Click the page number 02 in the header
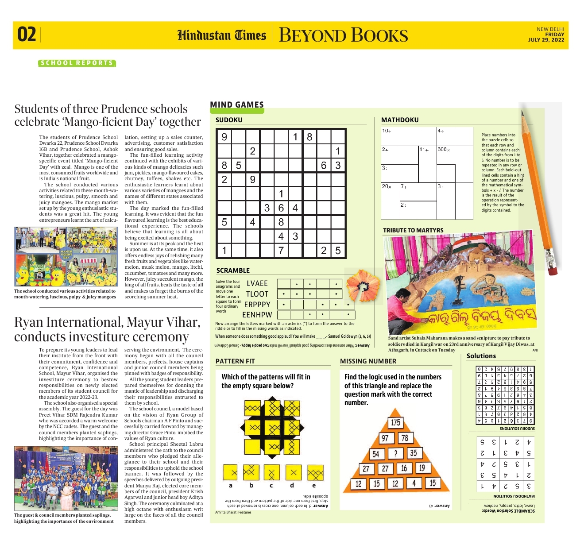point(27,35)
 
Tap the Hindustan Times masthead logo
point(221,35)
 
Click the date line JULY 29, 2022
point(546,40)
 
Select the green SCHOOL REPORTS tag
point(77,63)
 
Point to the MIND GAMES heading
point(236,105)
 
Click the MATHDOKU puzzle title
point(399,120)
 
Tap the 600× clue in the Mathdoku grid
point(444,150)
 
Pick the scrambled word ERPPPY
point(257,305)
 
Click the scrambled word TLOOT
point(257,294)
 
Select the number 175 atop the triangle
point(395,422)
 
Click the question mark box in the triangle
point(395,453)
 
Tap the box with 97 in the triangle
point(385,438)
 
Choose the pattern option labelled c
point(271,473)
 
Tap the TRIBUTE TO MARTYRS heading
point(413,230)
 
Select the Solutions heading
point(481,356)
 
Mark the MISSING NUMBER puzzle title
point(368,361)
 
